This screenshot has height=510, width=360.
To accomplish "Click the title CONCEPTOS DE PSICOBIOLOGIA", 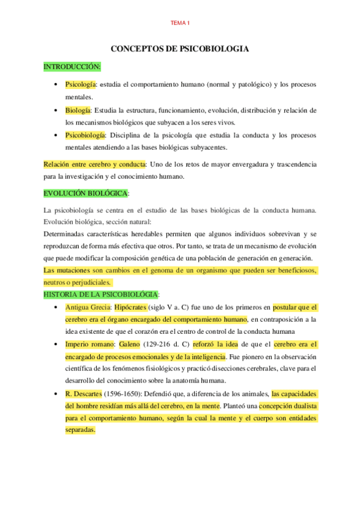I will point(180,49).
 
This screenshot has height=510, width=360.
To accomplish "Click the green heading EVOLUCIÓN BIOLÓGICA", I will point(85,194).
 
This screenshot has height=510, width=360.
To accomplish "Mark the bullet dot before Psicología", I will point(55,85).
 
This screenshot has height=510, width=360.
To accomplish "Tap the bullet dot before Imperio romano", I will point(55,345).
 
